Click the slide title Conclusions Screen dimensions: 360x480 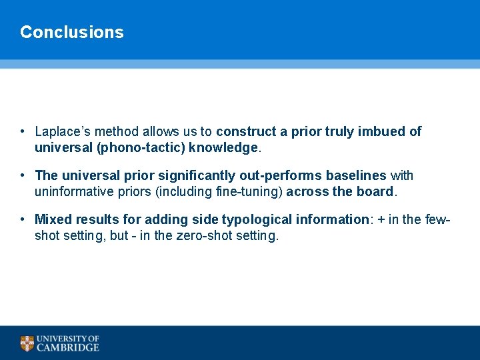pos(72,32)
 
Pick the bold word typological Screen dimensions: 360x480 pos(254,219)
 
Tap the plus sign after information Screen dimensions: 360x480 pos(381,219)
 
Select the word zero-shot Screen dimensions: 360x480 pos(203,235)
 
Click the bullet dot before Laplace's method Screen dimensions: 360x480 pos(23,132)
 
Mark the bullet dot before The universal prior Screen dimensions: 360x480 pos(23,176)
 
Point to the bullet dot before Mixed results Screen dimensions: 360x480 pos(23,219)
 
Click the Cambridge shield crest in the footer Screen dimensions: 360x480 pos(27,343)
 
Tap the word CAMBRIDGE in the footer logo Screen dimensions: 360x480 pos(68,347)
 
